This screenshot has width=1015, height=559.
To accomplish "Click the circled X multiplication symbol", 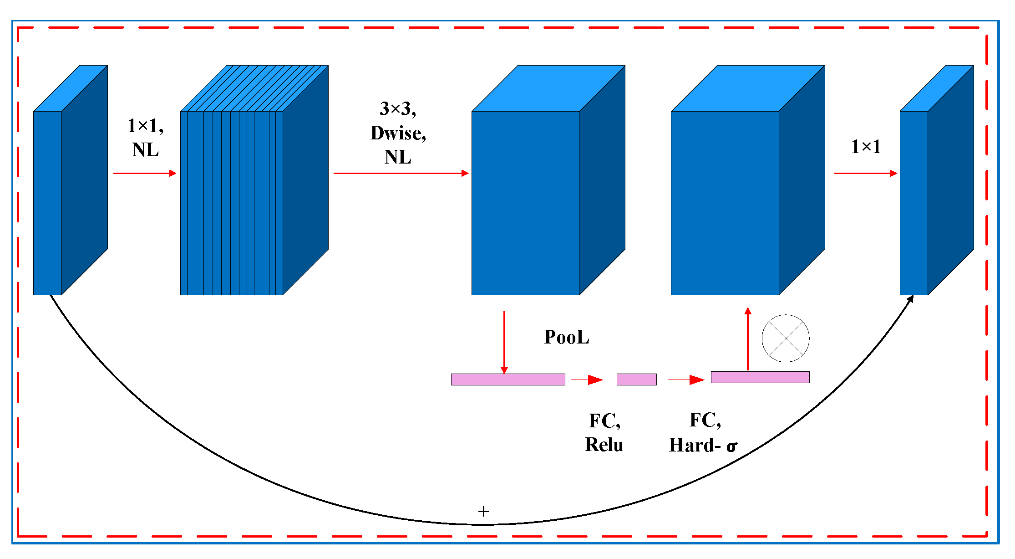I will (x=785, y=338).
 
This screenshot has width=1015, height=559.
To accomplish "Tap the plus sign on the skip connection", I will (x=483, y=511).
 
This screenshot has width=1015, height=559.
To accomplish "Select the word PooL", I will (x=566, y=337).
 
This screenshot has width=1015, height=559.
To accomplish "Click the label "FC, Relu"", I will (x=604, y=432).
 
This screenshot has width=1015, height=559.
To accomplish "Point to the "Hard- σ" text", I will (x=703, y=445).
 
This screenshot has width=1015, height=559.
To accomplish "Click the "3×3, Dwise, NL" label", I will (x=398, y=133).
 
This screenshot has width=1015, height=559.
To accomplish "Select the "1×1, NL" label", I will (x=145, y=138).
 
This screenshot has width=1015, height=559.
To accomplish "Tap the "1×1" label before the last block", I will (x=866, y=147).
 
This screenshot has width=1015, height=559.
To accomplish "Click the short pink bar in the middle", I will (x=636, y=379).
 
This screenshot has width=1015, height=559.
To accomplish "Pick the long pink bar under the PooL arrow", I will (x=508, y=379).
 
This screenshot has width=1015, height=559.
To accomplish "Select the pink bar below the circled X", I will (x=760, y=377).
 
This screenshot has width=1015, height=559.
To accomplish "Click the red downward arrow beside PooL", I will (x=504, y=342).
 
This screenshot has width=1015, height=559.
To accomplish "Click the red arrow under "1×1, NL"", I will (x=145, y=173).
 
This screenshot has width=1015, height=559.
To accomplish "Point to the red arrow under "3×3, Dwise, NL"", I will (x=401, y=173).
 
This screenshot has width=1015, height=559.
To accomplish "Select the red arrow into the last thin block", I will (x=865, y=173).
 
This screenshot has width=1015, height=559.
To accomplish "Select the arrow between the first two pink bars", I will (x=587, y=380).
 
